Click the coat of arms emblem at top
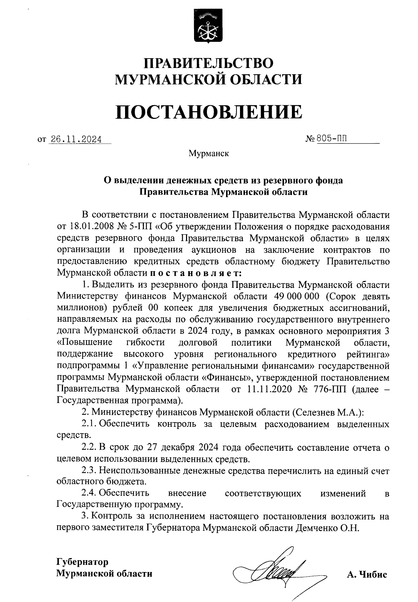(208, 27)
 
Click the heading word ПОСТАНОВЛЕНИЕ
(209, 111)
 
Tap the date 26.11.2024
(76, 140)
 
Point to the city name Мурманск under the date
(209, 153)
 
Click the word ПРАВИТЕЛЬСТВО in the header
(209, 63)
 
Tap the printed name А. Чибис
(366, 574)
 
